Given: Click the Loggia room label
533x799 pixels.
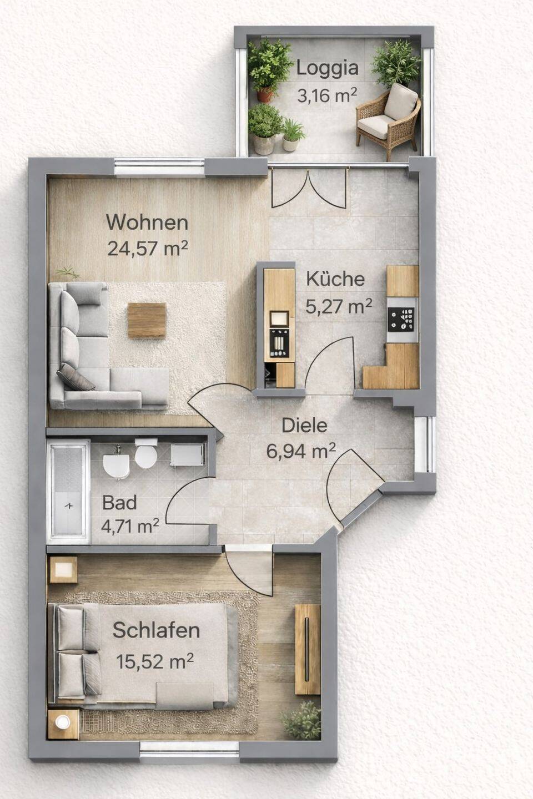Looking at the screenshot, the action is [x=328, y=68].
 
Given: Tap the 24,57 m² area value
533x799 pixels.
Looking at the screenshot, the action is [x=148, y=248].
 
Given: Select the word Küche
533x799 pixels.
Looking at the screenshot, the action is [x=335, y=279].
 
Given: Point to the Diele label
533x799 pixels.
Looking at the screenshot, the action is [x=304, y=426].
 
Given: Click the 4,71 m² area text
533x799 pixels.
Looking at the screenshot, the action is [x=130, y=525].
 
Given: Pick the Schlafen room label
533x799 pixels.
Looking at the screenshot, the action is [x=156, y=630].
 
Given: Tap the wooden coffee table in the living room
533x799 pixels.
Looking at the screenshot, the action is [x=147, y=320].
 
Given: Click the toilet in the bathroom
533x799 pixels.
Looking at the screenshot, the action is [x=145, y=454].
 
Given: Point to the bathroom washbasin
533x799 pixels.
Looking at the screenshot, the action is [x=117, y=463].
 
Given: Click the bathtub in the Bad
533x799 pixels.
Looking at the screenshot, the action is [x=68, y=492].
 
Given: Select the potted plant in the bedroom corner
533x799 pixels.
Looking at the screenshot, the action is [x=301, y=719].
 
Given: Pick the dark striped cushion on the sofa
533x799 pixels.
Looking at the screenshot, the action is [x=76, y=378].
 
